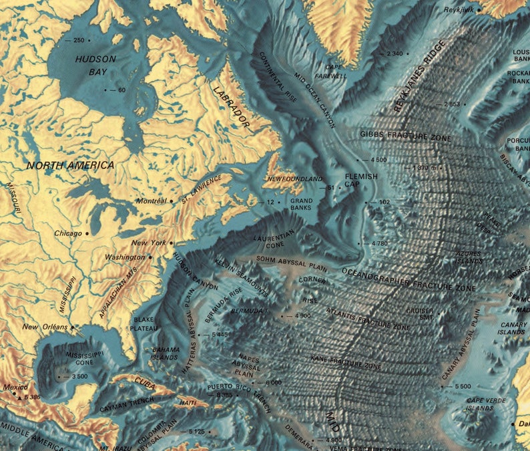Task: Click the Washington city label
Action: coord(123,257)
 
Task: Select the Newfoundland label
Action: coord(294,180)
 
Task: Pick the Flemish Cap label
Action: coord(361,180)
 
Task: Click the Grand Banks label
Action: coord(301,204)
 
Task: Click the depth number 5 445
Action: coord(220,333)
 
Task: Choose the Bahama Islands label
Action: coord(166,353)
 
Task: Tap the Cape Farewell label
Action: coord(335,71)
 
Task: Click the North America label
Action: coord(70,164)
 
